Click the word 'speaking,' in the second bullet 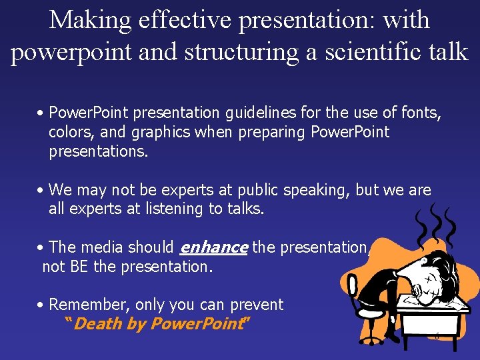[317, 191]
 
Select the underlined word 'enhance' [214, 247]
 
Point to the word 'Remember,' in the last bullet [89, 305]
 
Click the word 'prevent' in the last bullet [257, 305]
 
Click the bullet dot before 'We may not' [41, 191]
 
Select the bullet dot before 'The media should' [41, 247]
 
